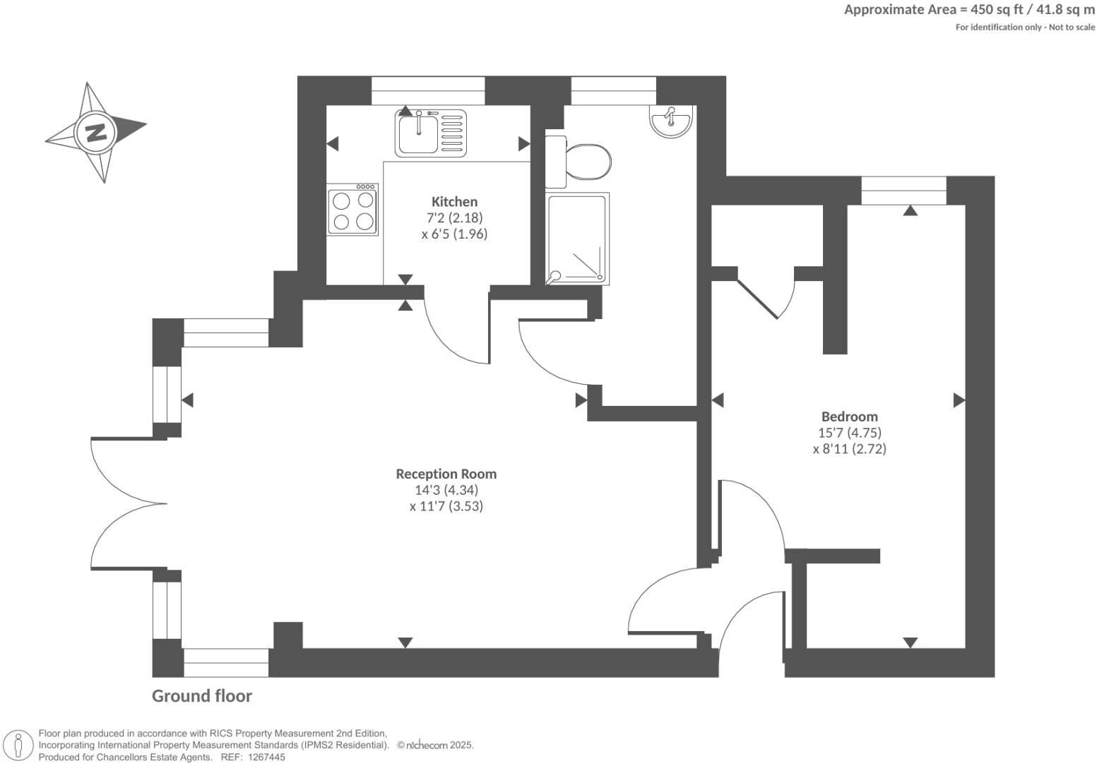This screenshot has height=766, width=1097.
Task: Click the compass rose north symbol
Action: (95, 132)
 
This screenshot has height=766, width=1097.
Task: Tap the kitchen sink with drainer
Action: (431, 132)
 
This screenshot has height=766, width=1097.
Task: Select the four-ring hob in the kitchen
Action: (352, 210)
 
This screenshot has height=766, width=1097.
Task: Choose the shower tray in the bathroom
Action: (577, 239)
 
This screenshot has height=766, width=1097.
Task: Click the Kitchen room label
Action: (454, 202)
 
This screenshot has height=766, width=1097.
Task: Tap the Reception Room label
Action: (446, 474)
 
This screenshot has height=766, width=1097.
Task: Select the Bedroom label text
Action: (849, 417)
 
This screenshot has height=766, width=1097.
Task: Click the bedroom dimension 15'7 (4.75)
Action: (849, 433)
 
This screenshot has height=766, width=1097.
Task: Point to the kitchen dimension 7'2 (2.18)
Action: (454, 218)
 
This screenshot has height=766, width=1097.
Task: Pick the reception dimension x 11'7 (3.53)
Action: (446, 506)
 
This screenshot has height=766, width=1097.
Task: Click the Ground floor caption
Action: (202, 696)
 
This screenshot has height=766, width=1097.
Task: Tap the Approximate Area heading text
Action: (969, 10)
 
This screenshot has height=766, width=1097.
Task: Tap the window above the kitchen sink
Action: (428, 91)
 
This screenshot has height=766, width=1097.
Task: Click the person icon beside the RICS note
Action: (20, 744)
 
